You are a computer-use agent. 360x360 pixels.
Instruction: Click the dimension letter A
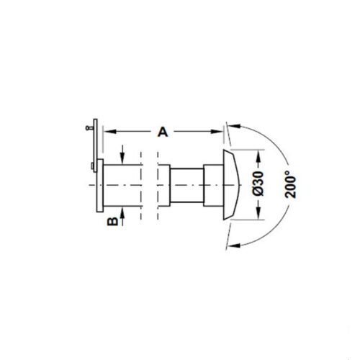[x=163, y=132]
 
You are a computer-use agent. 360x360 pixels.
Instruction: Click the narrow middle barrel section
[x=187, y=186]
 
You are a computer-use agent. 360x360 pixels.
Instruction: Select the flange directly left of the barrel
[x=99, y=185]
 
